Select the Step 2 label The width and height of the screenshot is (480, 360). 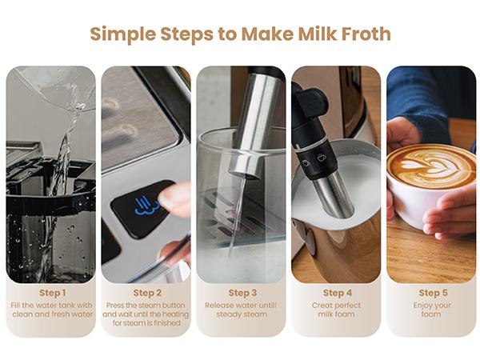[147, 293]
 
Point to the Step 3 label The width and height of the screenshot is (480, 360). [242, 293]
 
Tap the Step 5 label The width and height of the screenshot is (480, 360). [433, 293]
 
